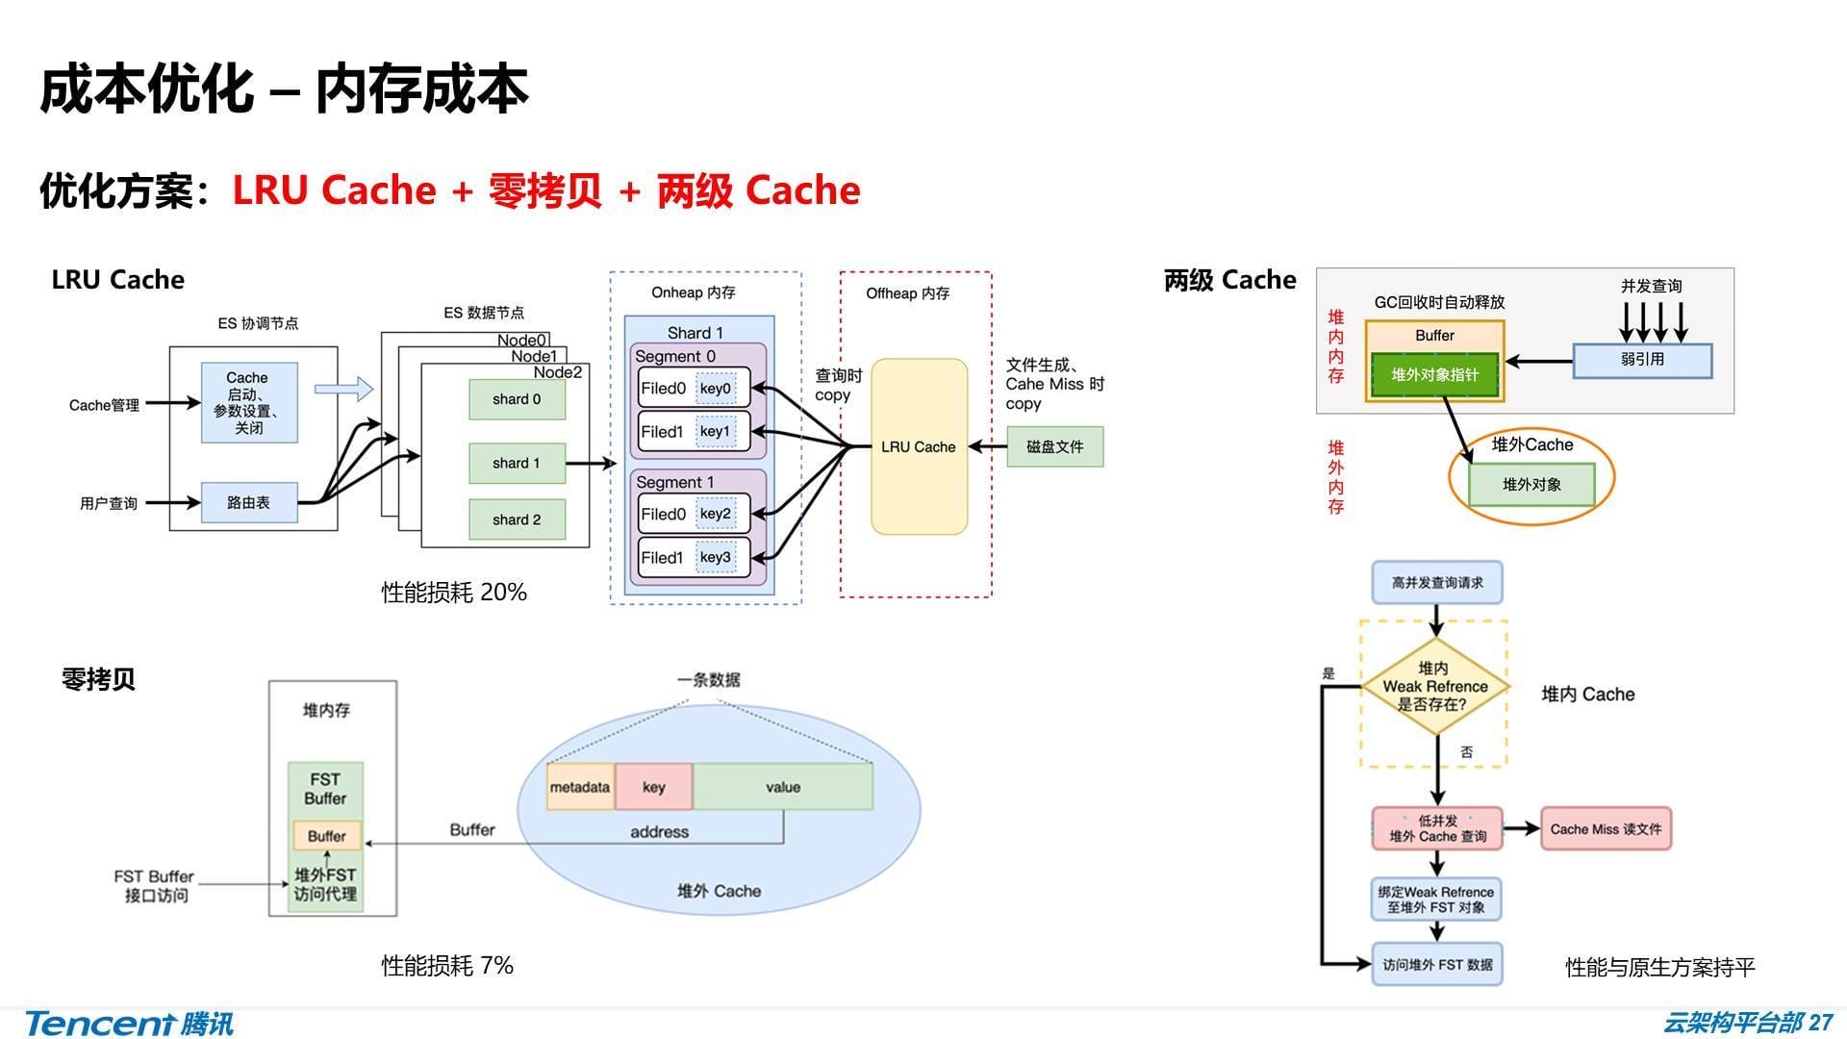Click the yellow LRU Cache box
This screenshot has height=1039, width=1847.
pos(919,446)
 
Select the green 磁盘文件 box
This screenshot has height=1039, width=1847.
pos(1054,446)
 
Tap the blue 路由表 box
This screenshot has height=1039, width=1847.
pos(248,502)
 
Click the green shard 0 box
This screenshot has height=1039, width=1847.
pos(517,399)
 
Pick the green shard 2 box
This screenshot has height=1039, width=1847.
pos(517,519)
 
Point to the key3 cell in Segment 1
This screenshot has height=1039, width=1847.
pos(715,557)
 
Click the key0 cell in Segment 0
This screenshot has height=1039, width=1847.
pos(715,389)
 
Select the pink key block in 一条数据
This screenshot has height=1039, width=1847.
pos(653,787)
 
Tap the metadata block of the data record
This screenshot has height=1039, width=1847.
pos(580,787)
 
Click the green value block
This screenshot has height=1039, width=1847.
pos(783,787)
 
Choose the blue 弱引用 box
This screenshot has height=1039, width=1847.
pos(1642,360)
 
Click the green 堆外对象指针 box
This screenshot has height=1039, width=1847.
pos(1433,375)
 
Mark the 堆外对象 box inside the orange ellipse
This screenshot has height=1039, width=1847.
pos(1531,485)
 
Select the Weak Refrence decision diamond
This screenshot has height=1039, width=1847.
pos(1434,686)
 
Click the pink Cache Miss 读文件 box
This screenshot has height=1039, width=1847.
pos(1606,829)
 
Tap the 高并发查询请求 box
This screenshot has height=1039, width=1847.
pos(1436,583)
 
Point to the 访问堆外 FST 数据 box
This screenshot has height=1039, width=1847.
pos(1436,965)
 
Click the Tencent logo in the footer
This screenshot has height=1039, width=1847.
pos(129,1023)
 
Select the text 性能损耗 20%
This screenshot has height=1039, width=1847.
pos(454,593)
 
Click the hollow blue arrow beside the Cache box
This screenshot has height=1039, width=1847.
pos(343,389)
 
